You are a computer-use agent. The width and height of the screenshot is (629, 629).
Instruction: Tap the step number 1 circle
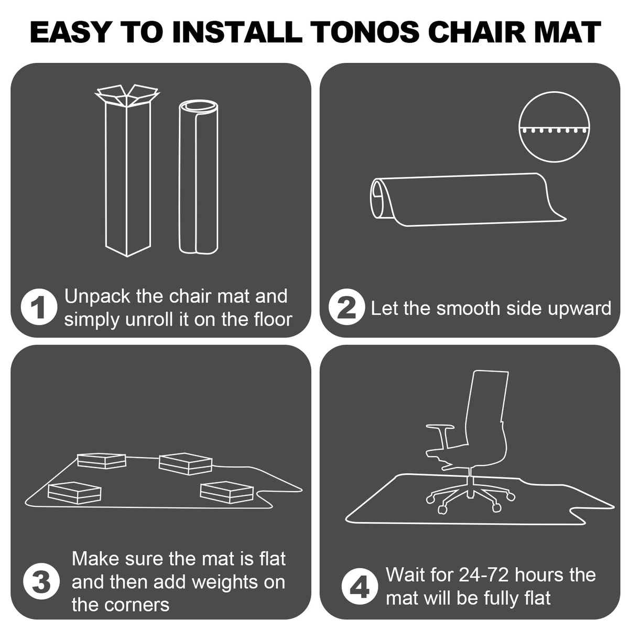[x=39, y=307]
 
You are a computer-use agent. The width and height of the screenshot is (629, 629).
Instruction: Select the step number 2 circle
[x=346, y=307]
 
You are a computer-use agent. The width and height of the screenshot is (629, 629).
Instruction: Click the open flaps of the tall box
[x=127, y=95]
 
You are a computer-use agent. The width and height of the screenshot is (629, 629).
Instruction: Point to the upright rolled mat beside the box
[x=199, y=177]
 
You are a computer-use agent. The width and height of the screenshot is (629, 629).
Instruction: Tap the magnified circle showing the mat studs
[x=554, y=127]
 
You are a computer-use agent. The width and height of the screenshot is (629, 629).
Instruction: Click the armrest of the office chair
[x=440, y=427]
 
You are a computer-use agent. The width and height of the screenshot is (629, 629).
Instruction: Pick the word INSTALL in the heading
[x=237, y=32]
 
